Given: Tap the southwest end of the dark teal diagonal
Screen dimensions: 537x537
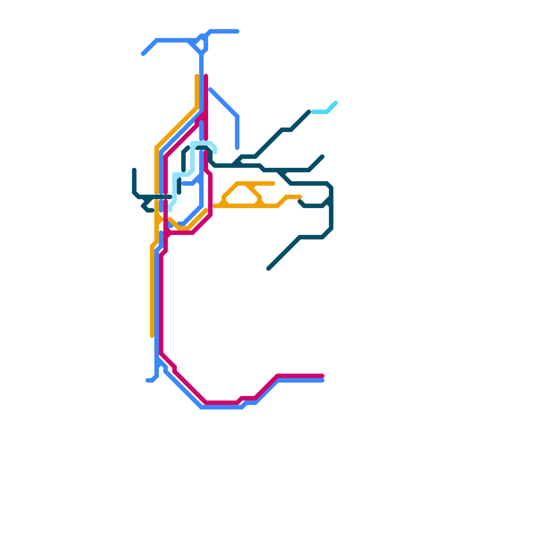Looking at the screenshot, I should pos(269,268).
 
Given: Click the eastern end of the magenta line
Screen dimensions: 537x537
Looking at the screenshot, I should pos(323,376).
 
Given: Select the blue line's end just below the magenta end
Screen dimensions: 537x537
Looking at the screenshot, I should pos(323,381).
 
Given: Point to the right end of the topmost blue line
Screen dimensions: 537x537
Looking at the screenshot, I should pos(238,31).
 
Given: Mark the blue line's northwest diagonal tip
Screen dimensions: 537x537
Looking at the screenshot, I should pos(143,54).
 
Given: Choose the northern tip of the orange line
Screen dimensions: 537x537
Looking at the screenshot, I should pos(197,76).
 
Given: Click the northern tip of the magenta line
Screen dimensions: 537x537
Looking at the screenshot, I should pos(206,76).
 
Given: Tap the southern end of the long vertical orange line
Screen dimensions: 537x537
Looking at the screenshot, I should pos(152,336).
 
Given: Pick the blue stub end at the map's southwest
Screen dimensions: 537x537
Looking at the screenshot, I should pos(147,381).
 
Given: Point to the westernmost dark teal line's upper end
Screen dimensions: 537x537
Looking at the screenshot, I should pos(134,170).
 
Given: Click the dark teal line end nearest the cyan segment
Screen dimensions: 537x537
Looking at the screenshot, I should pos(309,112).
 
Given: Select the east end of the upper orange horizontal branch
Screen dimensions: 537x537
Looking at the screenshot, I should pos(274,184).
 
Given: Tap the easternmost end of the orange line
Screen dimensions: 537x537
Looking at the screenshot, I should pos(300,197).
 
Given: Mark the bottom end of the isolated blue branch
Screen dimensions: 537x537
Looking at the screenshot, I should pos(237,148).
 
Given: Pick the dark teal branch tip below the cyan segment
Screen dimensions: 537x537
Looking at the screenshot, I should pos(323,156).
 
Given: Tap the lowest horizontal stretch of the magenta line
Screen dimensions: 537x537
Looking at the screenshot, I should pos(222,402).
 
